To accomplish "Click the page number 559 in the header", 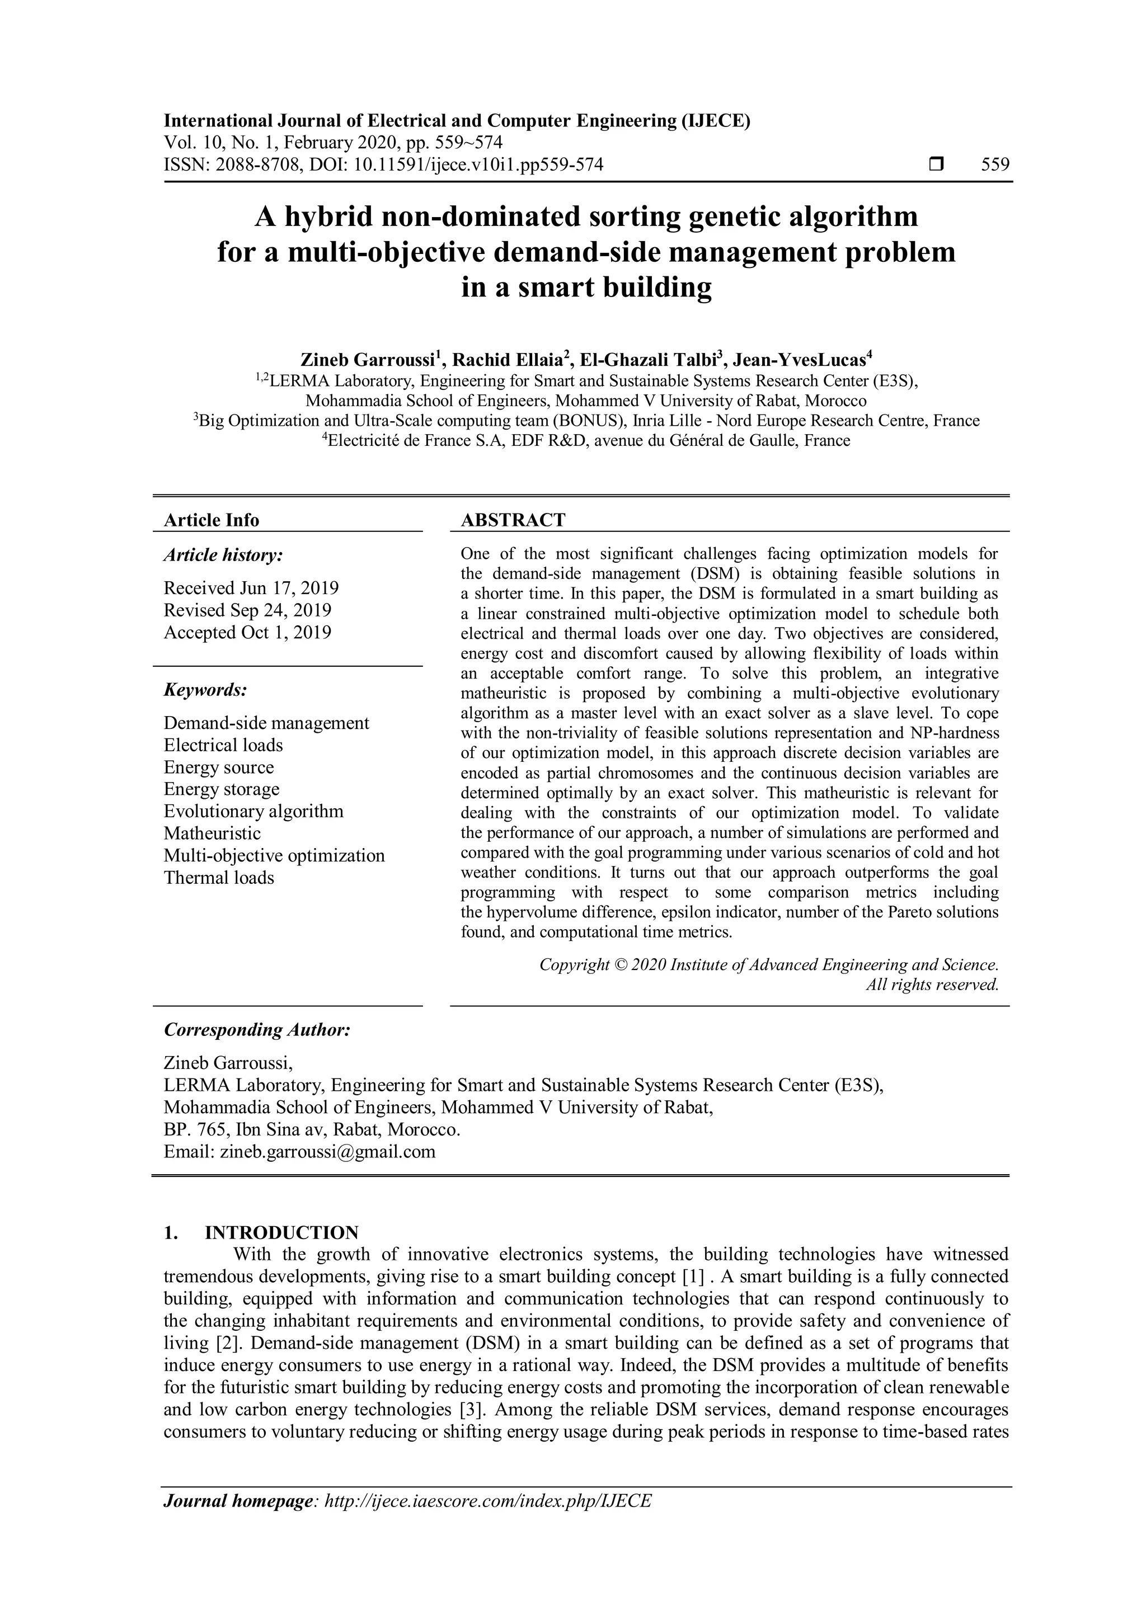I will tap(995, 165).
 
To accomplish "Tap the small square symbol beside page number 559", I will tap(936, 165).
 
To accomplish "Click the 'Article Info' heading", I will tap(212, 520).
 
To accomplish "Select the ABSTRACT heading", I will tap(513, 520).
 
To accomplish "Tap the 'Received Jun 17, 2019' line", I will tap(251, 588).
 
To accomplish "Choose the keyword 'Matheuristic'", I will tap(213, 833).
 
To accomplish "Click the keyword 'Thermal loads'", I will tap(219, 878).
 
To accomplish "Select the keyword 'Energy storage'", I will tap(222, 789).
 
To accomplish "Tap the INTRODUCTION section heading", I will tap(281, 1233).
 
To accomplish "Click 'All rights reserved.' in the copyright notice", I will tap(932, 985).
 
